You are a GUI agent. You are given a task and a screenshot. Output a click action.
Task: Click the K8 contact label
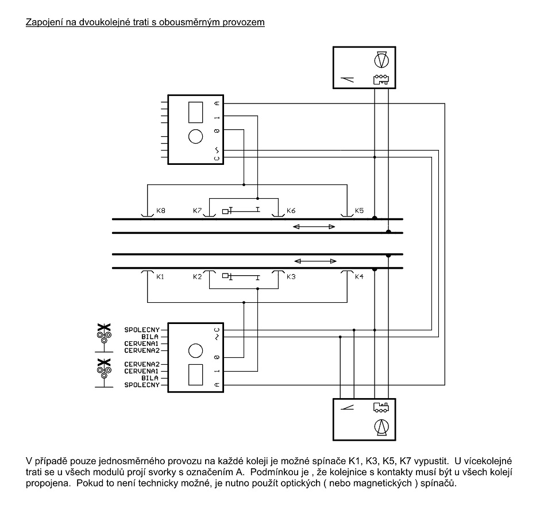(x=161, y=210)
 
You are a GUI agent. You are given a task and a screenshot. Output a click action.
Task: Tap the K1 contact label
(x=160, y=276)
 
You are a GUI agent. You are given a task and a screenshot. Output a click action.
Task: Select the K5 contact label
(x=359, y=210)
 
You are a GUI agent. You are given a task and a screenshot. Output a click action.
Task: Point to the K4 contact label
(x=359, y=276)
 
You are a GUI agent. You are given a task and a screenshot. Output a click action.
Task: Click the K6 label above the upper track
(x=291, y=210)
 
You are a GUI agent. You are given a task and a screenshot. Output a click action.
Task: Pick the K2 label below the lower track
(x=198, y=276)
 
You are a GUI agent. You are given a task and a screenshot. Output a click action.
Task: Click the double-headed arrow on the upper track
(x=314, y=226)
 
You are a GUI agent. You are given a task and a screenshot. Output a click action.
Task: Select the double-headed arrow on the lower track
(x=315, y=261)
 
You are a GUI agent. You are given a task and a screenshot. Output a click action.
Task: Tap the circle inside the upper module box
(x=196, y=136)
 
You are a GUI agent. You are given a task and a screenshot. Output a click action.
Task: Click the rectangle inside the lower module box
(x=196, y=375)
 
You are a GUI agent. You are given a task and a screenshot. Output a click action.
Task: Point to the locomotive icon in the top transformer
(x=381, y=79)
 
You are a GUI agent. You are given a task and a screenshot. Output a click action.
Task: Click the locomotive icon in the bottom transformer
(x=381, y=407)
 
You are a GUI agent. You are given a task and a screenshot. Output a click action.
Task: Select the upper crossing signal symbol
(x=104, y=337)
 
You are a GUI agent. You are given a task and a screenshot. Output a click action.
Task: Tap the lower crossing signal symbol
(x=104, y=373)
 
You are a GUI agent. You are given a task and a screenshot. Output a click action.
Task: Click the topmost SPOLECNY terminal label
(x=142, y=330)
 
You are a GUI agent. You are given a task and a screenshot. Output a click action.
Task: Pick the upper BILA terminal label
(x=150, y=337)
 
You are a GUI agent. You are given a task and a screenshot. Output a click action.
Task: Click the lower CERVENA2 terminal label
(x=142, y=364)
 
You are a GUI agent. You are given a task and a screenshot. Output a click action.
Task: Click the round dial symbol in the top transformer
(x=381, y=60)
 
